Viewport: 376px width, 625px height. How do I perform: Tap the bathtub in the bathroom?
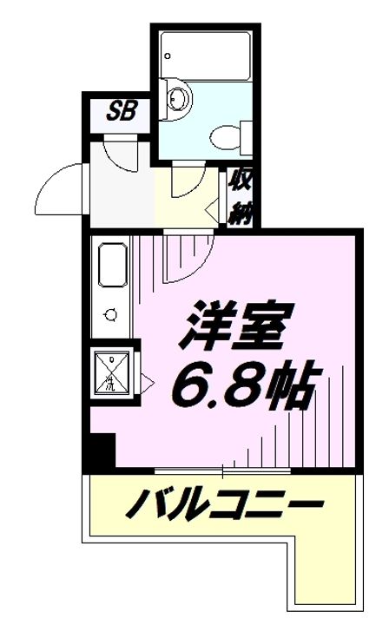tap(207, 54)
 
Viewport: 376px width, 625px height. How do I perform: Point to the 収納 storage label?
tap(240, 197)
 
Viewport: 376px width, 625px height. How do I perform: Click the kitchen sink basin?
tap(114, 266)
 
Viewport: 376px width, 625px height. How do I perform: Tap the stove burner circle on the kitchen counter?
tap(110, 315)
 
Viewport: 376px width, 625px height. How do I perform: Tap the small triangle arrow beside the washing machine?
tap(149, 378)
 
